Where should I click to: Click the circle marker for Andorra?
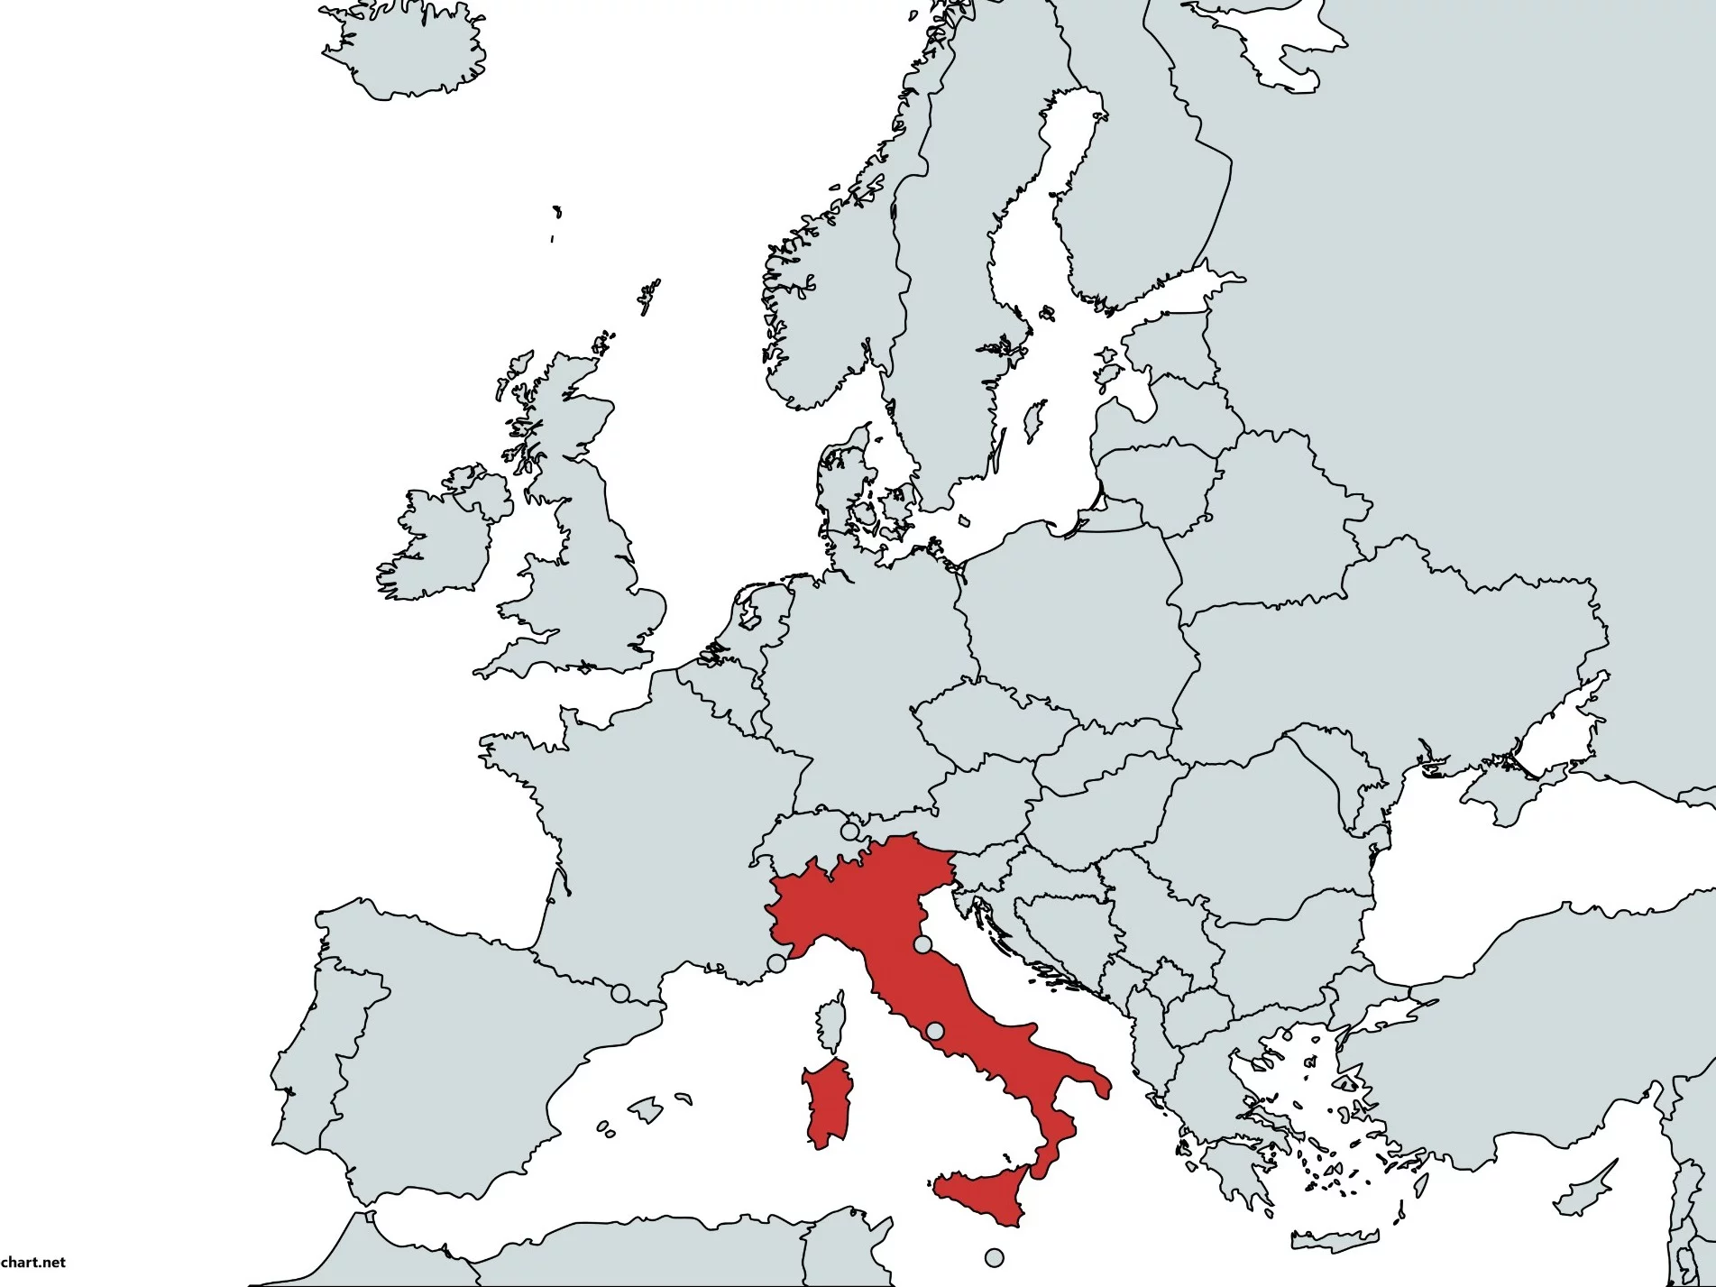coord(619,993)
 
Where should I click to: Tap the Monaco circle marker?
coord(776,963)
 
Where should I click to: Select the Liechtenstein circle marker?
coord(849,831)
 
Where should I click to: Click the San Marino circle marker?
coord(922,944)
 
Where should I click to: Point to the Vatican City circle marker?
coord(935,1031)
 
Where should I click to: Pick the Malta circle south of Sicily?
coord(994,1257)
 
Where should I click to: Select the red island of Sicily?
coord(987,1196)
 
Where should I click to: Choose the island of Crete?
coord(1335,1239)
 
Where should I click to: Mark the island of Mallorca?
coord(645,1108)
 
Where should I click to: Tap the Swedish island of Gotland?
coord(1034,420)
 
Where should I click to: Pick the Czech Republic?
coord(983,722)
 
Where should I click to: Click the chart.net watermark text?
coord(33,1262)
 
